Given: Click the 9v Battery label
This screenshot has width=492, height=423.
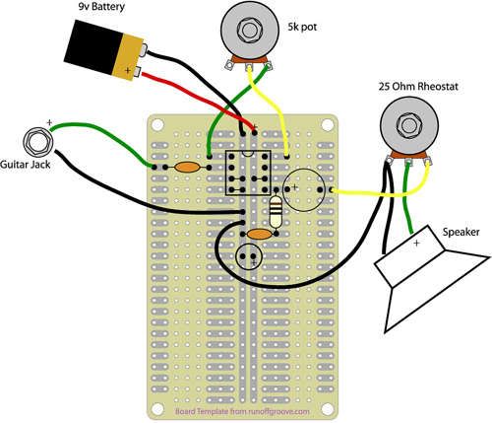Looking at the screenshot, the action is [x=101, y=7].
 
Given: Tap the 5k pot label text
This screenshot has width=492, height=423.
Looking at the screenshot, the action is [x=302, y=27].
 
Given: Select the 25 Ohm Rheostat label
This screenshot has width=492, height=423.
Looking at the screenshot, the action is [x=418, y=87].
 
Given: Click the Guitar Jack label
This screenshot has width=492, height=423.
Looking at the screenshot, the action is [x=26, y=164].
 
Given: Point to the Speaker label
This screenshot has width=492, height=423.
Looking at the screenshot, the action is [x=461, y=232].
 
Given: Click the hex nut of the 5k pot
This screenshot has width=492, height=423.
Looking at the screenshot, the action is [x=249, y=30].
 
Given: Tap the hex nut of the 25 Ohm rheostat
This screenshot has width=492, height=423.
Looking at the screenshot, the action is [x=408, y=125].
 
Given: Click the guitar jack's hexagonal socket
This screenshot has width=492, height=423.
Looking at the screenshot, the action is [x=38, y=142].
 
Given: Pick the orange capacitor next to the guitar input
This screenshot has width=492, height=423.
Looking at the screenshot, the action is [x=187, y=168].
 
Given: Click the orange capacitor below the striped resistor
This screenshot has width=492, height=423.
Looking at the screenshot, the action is [x=259, y=234].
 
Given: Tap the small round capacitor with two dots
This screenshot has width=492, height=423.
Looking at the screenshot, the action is [x=249, y=256].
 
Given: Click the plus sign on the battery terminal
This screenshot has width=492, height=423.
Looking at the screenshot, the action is [x=128, y=70].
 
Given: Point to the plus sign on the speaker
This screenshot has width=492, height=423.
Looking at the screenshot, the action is [x=416, y=244].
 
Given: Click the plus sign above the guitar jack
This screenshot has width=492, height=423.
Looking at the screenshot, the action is [x=49, y=122].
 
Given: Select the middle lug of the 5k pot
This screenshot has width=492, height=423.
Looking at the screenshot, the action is [x=249, y=66].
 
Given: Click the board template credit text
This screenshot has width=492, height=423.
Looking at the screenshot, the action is [x=243, y=411].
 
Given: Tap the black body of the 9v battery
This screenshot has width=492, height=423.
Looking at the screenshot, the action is [x=92, y=46].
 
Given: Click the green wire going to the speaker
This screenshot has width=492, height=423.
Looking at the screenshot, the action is [x=408, y=198].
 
